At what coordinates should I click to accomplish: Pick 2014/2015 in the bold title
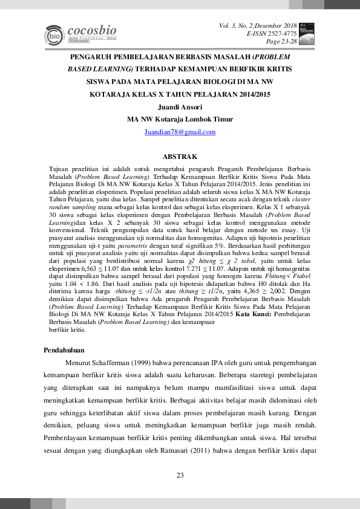[x=252, y=94]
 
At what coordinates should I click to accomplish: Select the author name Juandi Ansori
[x=180, y=107]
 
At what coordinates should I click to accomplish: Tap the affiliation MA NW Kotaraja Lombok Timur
[x=180, y=119]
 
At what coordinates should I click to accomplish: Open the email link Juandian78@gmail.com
[x=180, y=132]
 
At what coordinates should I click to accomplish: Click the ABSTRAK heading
[x=180, y=157]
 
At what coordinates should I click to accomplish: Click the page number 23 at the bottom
[x=180, y=476]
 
